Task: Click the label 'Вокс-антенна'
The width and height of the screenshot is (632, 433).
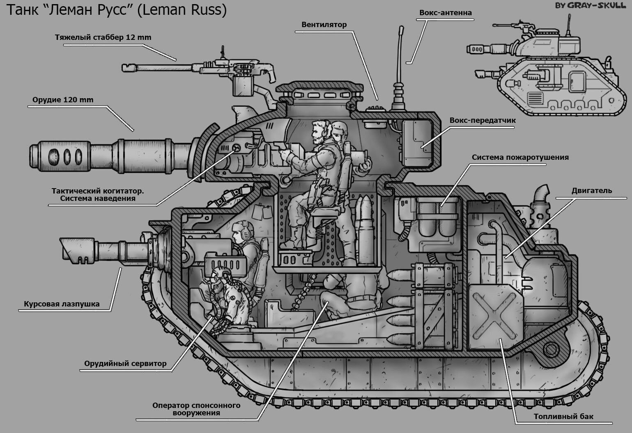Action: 446,12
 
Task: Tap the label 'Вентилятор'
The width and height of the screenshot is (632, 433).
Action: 324,25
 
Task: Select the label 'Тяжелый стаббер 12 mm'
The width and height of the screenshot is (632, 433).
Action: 103,37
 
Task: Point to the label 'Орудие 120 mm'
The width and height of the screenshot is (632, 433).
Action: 63,100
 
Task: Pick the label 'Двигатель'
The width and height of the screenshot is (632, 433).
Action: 592,191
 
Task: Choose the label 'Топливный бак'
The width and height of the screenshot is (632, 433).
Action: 563,417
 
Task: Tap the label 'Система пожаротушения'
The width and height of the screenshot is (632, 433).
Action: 520,157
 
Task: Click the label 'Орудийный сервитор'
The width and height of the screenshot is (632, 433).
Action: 125,364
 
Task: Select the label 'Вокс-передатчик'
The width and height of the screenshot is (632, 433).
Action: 483,121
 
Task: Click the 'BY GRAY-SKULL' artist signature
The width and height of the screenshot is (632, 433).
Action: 590,5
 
